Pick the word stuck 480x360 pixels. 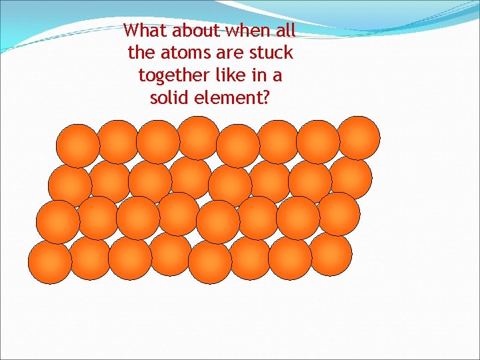coord(271,53)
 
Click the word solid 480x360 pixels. coord(170,99)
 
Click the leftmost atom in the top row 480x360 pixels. coord(77,145)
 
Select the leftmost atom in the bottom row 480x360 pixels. coord(49,263)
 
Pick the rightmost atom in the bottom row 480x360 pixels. coord(331,255)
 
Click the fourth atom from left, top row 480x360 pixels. coord(199,138)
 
